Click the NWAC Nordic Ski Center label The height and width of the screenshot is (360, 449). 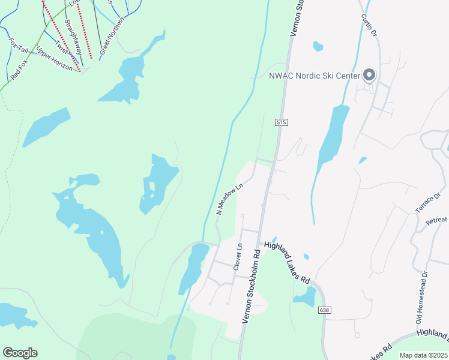coord(315,76)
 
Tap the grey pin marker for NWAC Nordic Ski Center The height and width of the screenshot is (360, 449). coord(369,76)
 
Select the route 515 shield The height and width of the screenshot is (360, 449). coord(283,122)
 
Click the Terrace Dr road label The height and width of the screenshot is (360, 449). coord(428,203)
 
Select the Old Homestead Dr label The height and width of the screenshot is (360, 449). coord(422,294)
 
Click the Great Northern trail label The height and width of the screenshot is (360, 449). coord(111,35)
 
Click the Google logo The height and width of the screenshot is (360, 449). coord(20,353)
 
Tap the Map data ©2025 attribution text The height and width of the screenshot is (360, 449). coord(423,355)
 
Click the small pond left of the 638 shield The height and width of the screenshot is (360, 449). coord(305,297)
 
